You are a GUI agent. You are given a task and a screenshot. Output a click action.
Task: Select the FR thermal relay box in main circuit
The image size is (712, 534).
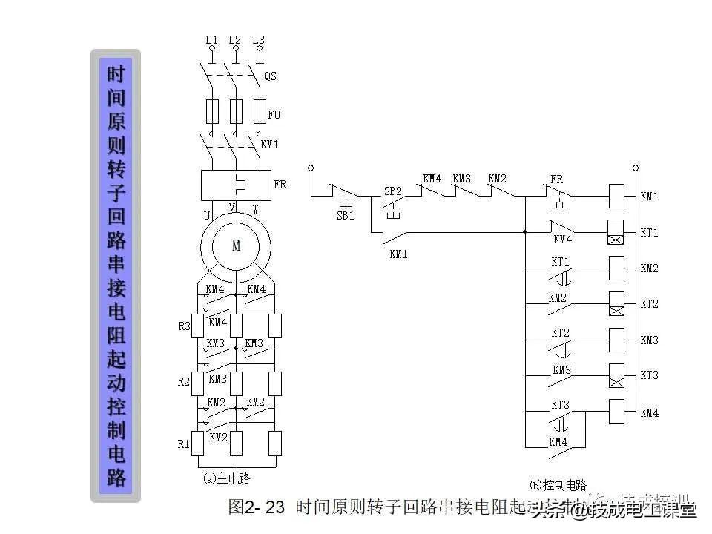point(236,185)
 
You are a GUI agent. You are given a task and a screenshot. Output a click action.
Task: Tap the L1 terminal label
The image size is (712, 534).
point(212,39)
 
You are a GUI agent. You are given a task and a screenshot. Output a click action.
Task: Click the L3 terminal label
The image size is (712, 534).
point(258,39)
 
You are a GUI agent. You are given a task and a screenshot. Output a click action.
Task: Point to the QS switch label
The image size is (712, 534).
point(271,76)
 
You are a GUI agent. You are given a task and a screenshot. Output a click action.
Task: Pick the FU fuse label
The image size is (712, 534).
point(274,115)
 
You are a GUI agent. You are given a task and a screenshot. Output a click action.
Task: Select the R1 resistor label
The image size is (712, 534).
point(185,444)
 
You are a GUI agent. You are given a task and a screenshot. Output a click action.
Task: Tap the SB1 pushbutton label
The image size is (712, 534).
point(346,216)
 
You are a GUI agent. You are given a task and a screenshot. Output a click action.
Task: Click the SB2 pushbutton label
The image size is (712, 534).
point(392,191)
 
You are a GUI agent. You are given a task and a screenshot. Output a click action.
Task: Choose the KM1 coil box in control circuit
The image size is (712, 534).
point(616,197)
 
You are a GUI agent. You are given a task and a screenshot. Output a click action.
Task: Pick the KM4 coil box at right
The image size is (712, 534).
point(616,412)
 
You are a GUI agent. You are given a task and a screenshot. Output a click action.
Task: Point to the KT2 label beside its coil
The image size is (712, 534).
point(649,304)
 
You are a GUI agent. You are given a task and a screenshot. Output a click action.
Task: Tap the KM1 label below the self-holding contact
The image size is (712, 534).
point(399,254)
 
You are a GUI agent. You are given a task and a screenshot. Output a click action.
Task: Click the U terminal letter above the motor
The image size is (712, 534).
point(207,215)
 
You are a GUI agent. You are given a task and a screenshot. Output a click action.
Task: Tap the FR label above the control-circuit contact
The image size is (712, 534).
point(556,179)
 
